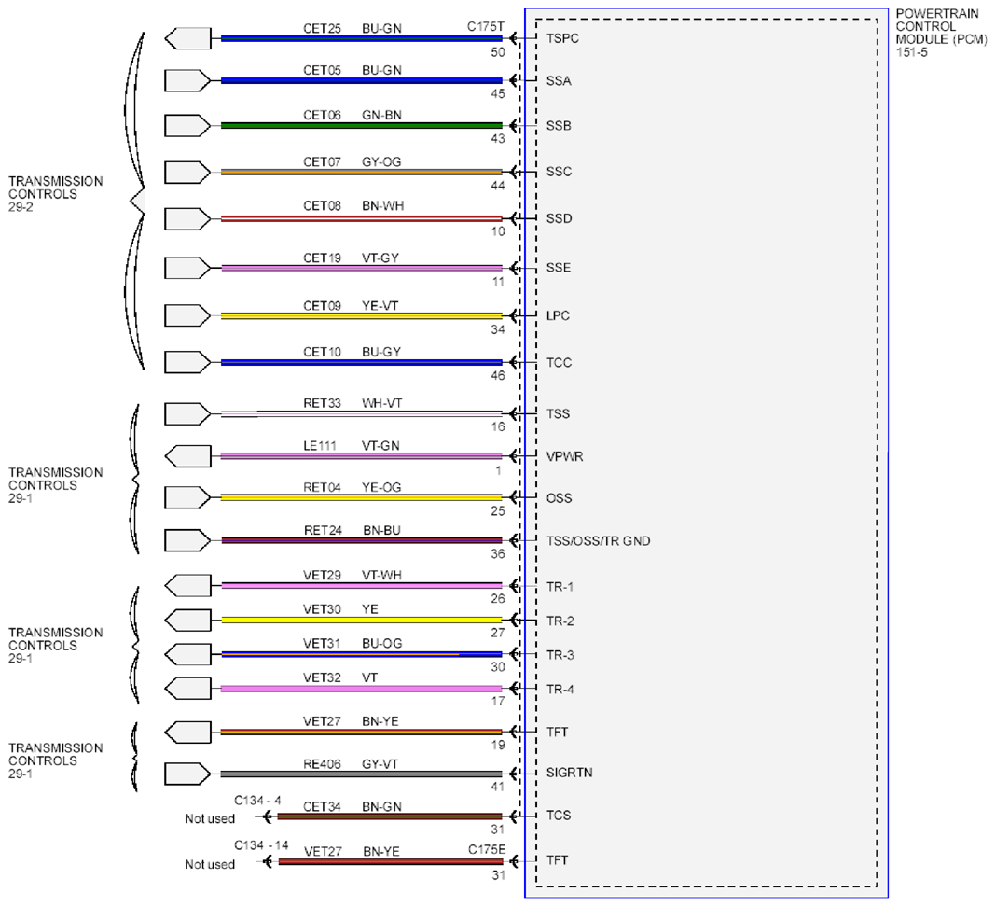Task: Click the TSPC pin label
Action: (562, 38)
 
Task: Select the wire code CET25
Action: (322, 29)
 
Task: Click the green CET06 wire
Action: (362, 126)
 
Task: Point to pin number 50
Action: (498, 52)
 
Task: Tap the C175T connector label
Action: (485, 27)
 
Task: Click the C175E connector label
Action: (487, 850)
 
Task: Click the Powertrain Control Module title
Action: (941, 33)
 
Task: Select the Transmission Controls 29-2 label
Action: (55, 194)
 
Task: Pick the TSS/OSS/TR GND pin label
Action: (599, 541)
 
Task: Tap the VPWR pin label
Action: (565, 456)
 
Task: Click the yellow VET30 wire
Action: (362, 620)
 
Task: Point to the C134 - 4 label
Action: (258, 801)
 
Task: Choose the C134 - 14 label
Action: (261, 845)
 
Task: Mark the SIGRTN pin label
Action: (569, 773)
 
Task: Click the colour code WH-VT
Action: (381, 403)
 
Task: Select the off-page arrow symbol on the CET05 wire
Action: (187, 81)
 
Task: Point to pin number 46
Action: (498, 376)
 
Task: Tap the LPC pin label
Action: (558, 316)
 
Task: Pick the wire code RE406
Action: (322, 764)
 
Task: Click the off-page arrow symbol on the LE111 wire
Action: (187, 455)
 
